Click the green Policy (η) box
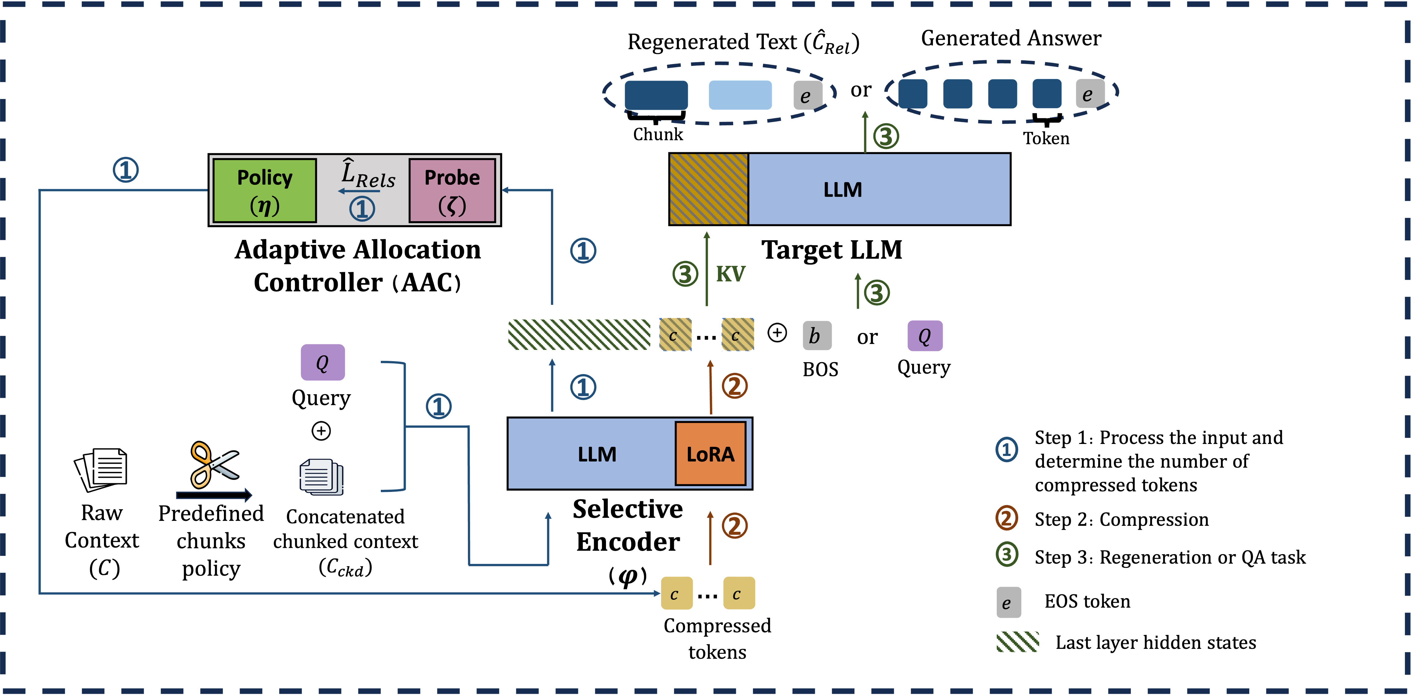(x=265, y=190)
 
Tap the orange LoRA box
(x=711, y=453)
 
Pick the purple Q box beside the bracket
(x=323, y=362)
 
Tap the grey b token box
(x=817, y=336)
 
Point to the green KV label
(x=731, y=274)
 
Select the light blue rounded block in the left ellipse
(x=740, y=95)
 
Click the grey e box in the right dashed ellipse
(x=1090, y=94)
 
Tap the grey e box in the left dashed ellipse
(x=807, y=95)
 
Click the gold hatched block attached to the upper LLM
(x=709, y=189)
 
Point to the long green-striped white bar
(x=579, y=335)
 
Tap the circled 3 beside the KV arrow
(x=685, y=274)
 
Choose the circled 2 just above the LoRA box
(x=735, y=386)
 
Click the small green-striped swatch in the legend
(x=1017, y=641)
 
